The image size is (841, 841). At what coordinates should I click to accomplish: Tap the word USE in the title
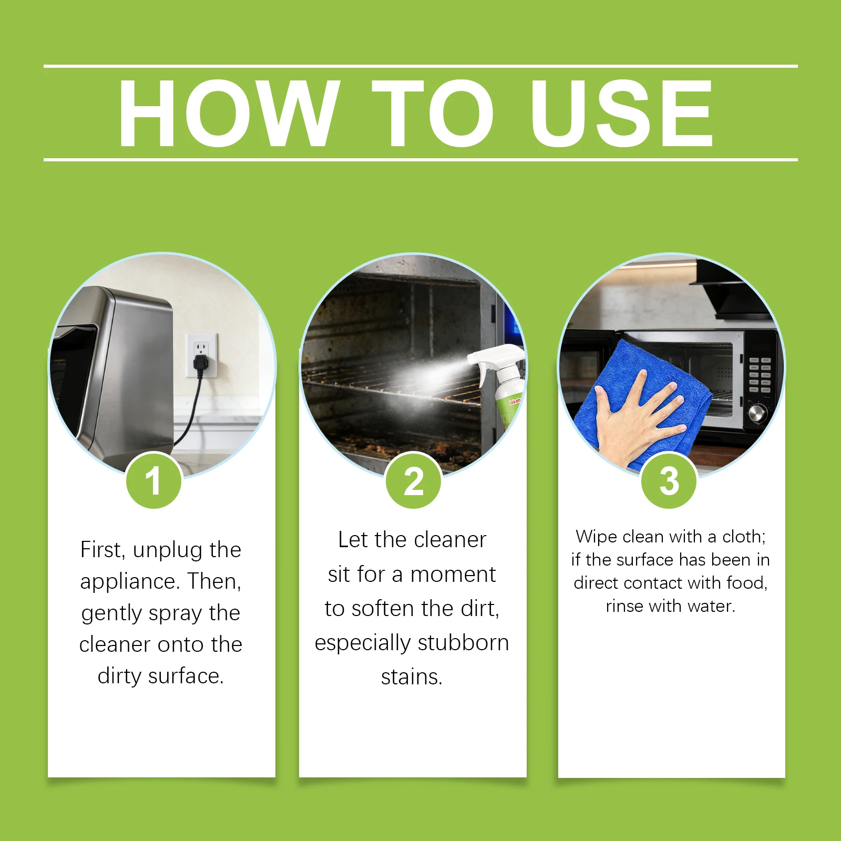(622, 113)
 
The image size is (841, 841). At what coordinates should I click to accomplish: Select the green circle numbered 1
(153, 480)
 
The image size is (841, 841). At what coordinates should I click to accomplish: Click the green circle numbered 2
(414, 480)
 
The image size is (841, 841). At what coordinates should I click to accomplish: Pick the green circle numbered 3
(669, 480)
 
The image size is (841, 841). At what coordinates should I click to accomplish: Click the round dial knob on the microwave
(757, 413)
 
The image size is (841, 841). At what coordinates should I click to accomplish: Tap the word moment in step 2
(453, 574)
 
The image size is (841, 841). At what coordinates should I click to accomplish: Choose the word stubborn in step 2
(464, 642)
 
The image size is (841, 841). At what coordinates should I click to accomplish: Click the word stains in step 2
(412, 677)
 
